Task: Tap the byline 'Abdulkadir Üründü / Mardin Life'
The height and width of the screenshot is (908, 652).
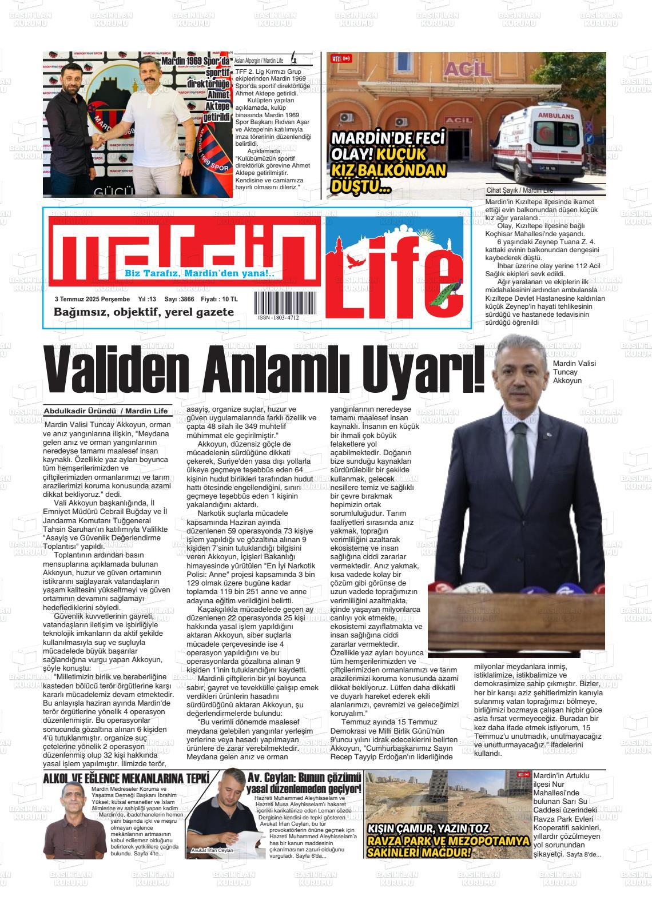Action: tap(106, 411)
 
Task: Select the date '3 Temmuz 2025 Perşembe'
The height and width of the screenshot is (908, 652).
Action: tap(92, 299)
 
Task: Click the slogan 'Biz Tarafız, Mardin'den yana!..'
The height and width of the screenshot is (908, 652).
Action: tap(200, 274)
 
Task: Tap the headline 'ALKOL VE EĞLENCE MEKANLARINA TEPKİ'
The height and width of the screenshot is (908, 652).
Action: tap(126, 778)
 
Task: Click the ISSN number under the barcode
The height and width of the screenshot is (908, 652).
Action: tap(278, 318)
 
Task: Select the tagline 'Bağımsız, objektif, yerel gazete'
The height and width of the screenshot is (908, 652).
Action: tap(144, 312)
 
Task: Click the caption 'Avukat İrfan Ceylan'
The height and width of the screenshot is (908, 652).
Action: tap(213, 866)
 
